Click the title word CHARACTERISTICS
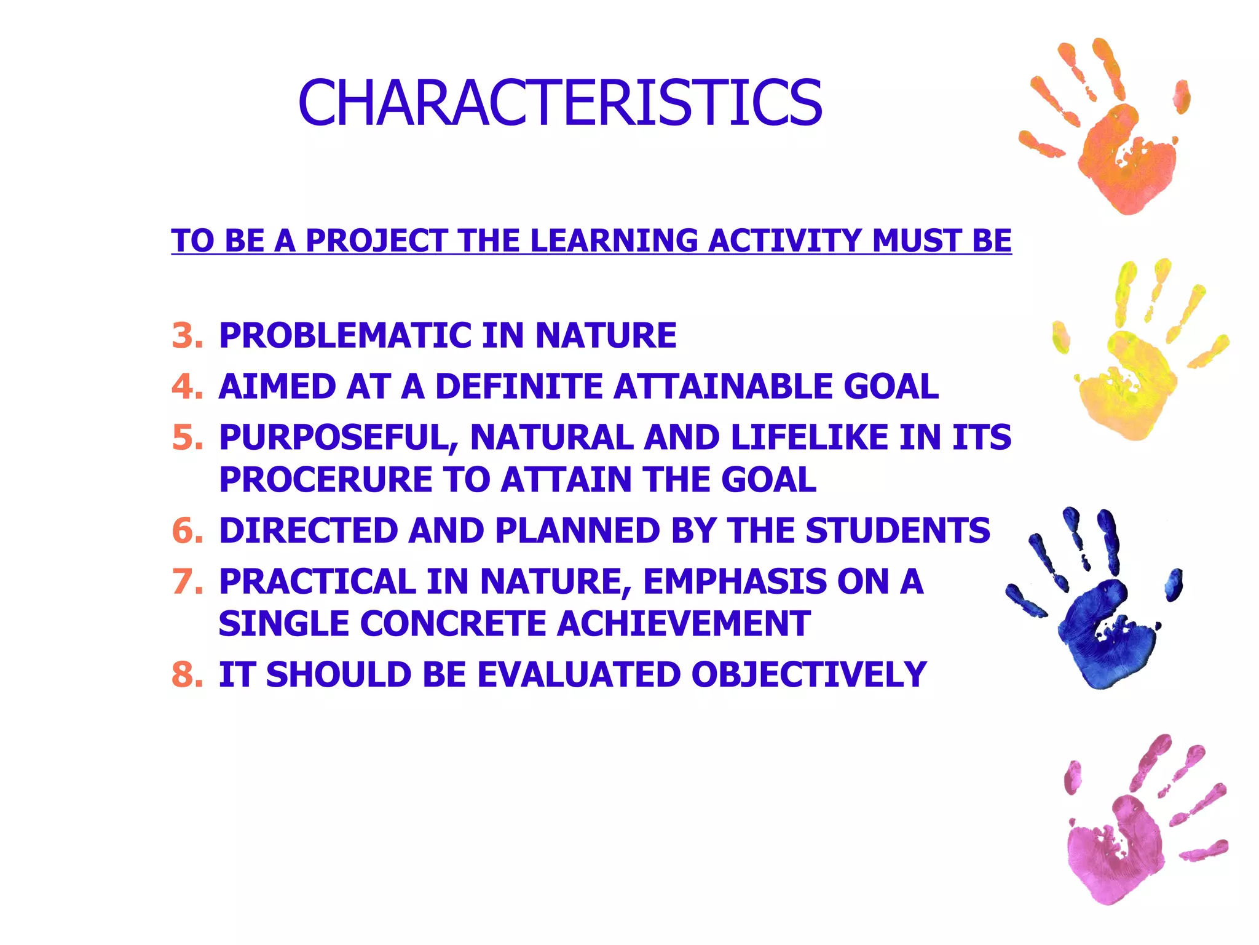(x=559, y=103)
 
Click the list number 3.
(x=187, y=336)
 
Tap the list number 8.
(x=187, y=675)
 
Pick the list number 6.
(x=187, y=531)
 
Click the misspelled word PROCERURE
(x=326, y=480)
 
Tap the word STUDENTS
(x=898, y=531)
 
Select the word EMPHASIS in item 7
(x=735, y=582)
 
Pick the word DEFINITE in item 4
(x=519, y=387)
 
